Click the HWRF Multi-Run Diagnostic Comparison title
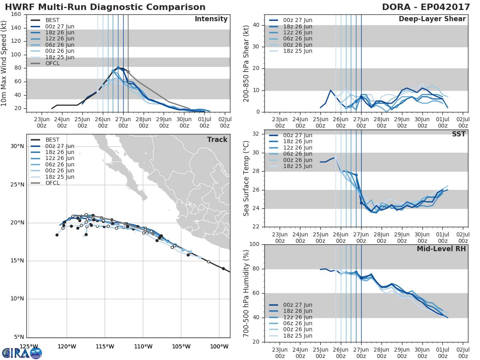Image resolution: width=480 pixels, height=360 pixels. point(105,7)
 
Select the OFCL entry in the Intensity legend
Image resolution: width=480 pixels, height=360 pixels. point(52,64)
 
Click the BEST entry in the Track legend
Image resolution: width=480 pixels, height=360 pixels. point(52,140)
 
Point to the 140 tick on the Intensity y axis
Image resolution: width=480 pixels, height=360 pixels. point(16,28)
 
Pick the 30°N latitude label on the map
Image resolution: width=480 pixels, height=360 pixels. point(17,146)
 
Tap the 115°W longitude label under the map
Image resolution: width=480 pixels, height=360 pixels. point(105,346)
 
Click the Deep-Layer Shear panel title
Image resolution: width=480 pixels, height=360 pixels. point(432,19)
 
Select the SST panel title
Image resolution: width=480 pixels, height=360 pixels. point(459,134)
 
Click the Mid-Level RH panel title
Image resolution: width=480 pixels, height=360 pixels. point(441,249)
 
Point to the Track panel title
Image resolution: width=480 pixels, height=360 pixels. point(217,140)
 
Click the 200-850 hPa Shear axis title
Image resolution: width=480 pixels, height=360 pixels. point(246,63)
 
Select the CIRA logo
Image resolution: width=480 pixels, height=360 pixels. point(22,353)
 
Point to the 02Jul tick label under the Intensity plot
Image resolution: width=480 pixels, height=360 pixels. point(225,122)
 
